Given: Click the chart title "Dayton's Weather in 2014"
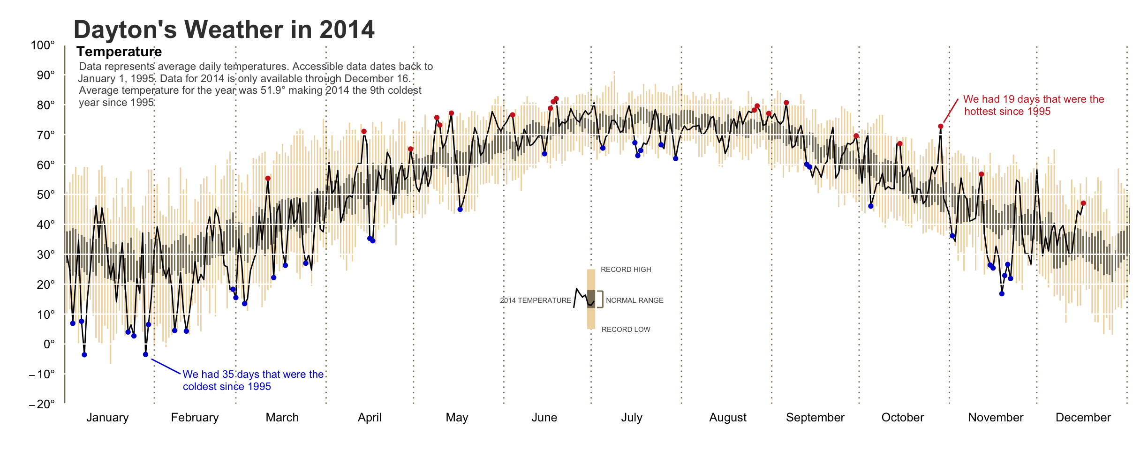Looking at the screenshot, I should click(x=224, y=30).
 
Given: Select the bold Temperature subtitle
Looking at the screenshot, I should click(x=119, y=52).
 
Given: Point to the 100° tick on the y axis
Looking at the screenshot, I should click(x=43, y=45).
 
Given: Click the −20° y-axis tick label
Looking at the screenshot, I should click(x=42, y=405).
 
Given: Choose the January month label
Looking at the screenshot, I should click(x=107, y=418).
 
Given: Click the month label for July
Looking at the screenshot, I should click(x=632, y=418).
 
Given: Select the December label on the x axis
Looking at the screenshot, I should click(x=1083, y=418).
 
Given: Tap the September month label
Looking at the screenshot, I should click(x=815, y=418).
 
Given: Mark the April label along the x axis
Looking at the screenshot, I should click(x=370, y=418).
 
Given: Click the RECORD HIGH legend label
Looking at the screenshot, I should click(x=626, y=270).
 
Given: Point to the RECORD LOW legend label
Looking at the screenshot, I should click(x=626, y=330).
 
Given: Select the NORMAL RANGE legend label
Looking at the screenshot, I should click(x=634, y=300).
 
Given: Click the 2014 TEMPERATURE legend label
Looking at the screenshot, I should click(x=536, y=300).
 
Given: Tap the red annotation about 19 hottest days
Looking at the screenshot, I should click(x=1033, y=105).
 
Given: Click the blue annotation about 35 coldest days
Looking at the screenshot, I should click(x=253, y=380).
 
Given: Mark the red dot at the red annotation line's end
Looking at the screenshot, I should click(x=940, y=127).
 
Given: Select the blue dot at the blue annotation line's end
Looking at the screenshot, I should click(x=145, y=354).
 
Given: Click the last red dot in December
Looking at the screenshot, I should click(x=1083, y=203).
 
